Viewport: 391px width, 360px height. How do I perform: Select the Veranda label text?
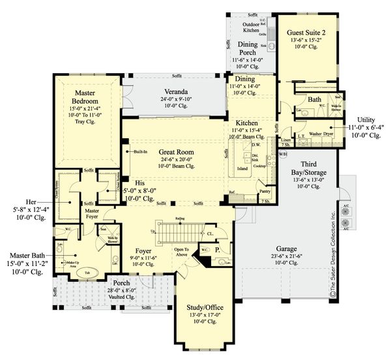coord(175,92)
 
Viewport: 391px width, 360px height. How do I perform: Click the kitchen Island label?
coord(242,168)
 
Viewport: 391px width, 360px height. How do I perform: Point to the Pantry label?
coord(264,191)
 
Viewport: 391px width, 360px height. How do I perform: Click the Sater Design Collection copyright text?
coord(332,255)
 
